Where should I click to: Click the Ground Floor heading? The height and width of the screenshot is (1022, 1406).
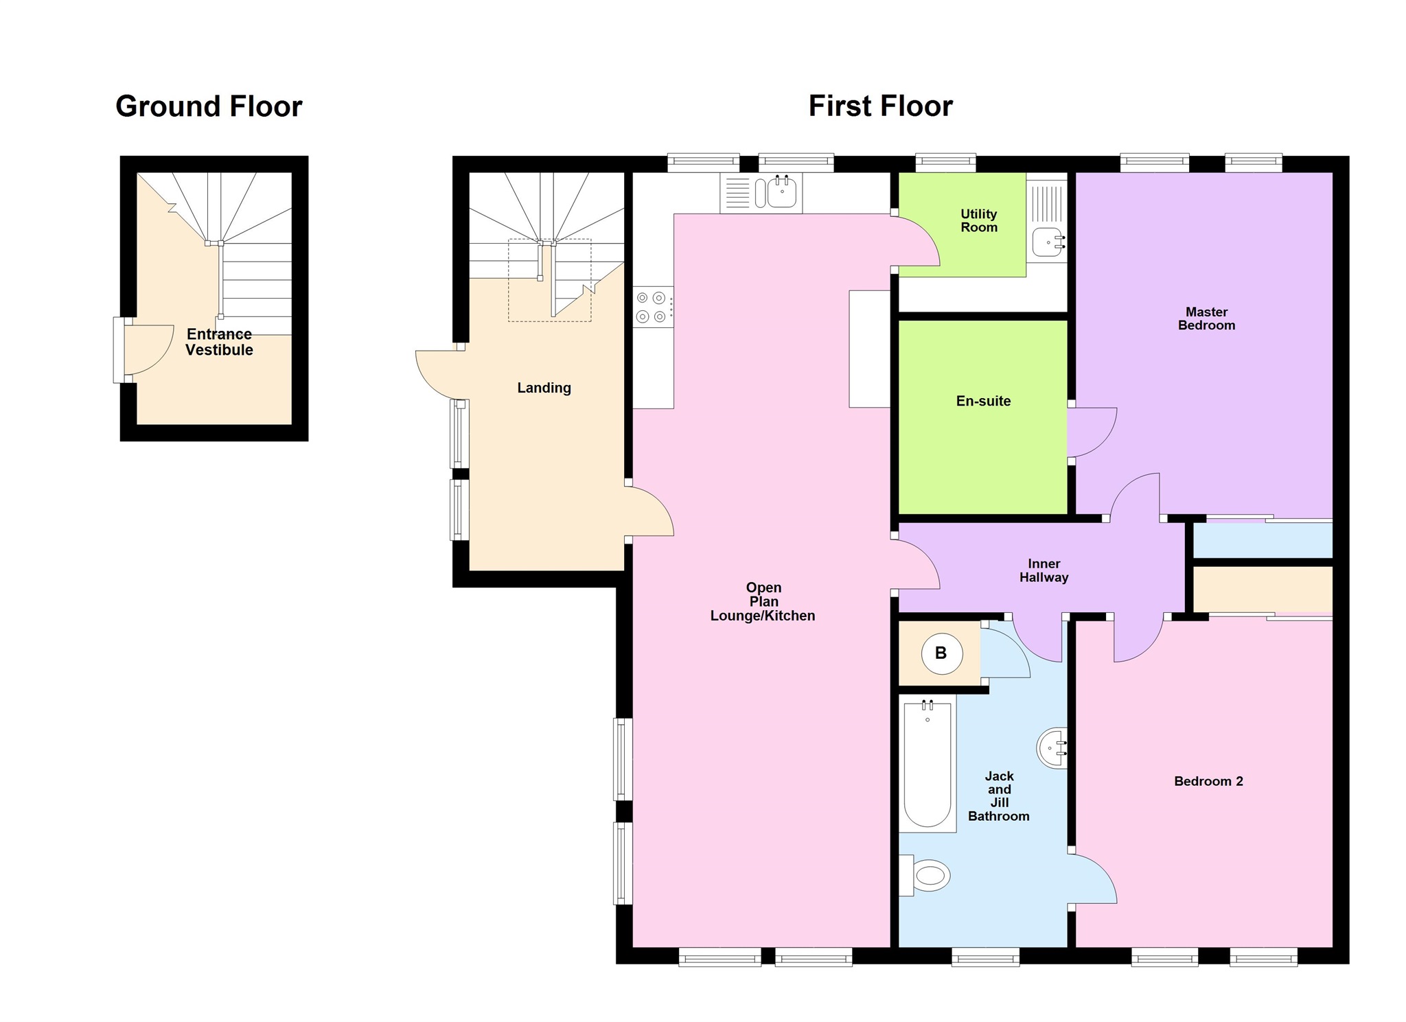click(x=209, y=106)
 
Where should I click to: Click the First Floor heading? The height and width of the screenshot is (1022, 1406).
click(x=881, y=106)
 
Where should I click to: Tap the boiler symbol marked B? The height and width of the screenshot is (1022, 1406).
click(x=941, y=653)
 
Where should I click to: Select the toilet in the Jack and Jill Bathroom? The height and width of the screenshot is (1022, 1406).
click(x=925, y=875)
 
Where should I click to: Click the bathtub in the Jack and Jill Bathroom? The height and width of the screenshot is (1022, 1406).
click(x=927, y=763)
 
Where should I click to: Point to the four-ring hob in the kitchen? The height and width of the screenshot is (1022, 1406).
click(x=653, y=307)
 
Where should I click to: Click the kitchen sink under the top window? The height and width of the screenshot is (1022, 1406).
click(x=761, y=192)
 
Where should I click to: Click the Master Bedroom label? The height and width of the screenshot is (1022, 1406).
click(x=1206, y=318)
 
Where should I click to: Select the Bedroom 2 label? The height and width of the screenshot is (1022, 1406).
click(x=1208, y=781)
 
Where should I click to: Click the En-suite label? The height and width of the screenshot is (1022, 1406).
click(x=983, y=401)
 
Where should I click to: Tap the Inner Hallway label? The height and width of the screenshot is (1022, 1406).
click(x=1044, y=570)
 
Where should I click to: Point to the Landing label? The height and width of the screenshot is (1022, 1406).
click(x=544, y=388)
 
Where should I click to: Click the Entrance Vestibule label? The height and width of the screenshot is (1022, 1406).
click(x=219, y=342)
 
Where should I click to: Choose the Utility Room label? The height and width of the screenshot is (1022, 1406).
click(x=979, y=220)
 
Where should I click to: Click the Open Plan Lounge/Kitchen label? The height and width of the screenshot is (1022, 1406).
click(x=763, y=601)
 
